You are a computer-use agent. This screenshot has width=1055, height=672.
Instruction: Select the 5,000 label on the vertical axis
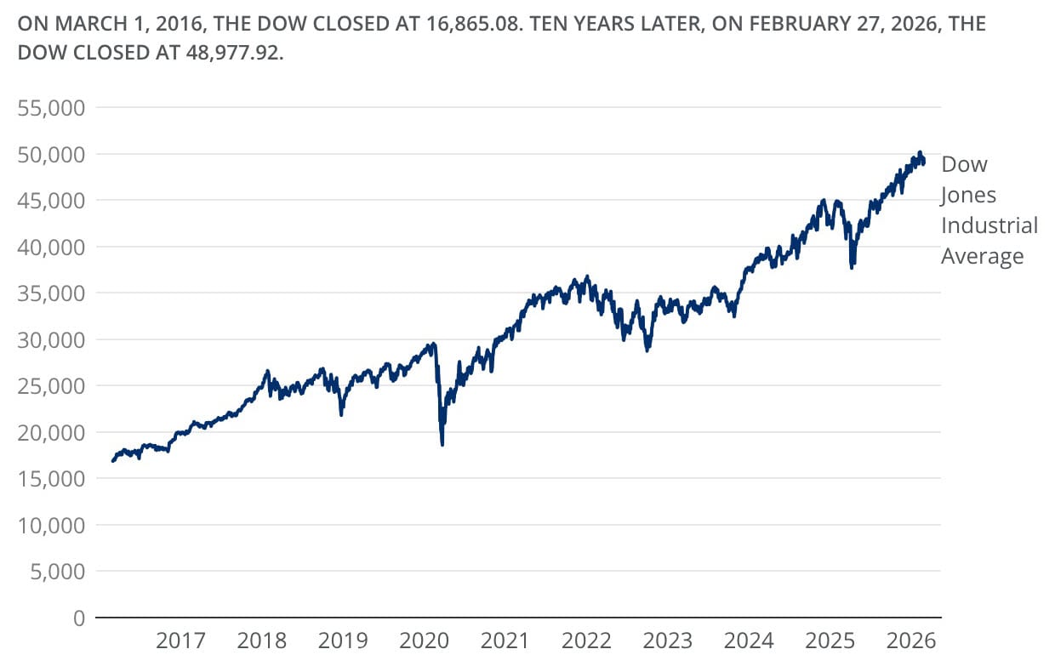pos(58,571)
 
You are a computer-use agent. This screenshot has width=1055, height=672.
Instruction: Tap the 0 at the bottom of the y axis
pos(79,618)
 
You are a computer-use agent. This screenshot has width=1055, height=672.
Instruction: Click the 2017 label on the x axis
pos(180,640)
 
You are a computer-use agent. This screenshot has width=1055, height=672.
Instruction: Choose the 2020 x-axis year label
pos(424,640)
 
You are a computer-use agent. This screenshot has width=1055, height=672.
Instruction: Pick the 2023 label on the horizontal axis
pos(668,640)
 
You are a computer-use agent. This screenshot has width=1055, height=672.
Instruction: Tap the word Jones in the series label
pos(968,195)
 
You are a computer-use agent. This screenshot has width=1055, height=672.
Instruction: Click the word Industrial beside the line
pos(989,225)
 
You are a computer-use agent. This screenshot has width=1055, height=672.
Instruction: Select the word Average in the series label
pos(982,256)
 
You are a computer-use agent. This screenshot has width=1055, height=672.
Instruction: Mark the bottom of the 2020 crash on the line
pos(442,444)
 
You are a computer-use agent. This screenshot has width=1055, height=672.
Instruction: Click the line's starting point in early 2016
pos(113,461)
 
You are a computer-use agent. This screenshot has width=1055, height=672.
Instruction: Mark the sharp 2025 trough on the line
pos(852,267)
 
